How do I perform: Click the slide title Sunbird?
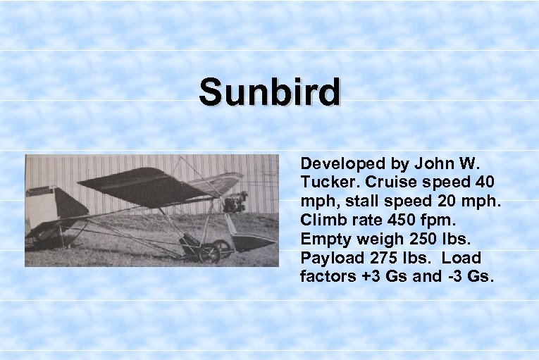click(269, 93)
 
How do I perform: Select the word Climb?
click(321, 220)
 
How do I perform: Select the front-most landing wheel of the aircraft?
click(209, 252)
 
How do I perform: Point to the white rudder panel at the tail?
click(42, 208)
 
